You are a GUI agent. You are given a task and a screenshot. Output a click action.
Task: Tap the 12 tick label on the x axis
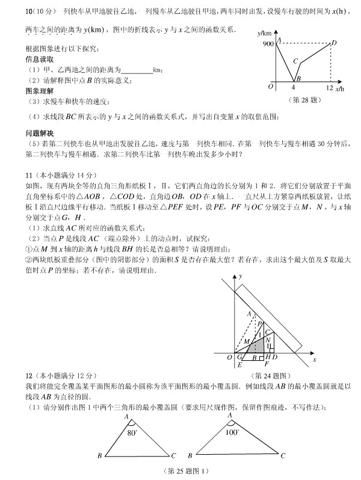click(329, 88)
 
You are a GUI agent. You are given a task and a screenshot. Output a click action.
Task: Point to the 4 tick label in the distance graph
click(293, 88)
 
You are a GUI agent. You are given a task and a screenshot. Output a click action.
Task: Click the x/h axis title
click(341, 88)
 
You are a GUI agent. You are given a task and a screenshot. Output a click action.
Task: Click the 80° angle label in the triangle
click(132, 431)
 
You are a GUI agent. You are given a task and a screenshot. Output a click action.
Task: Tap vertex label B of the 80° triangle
click(99, 456)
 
